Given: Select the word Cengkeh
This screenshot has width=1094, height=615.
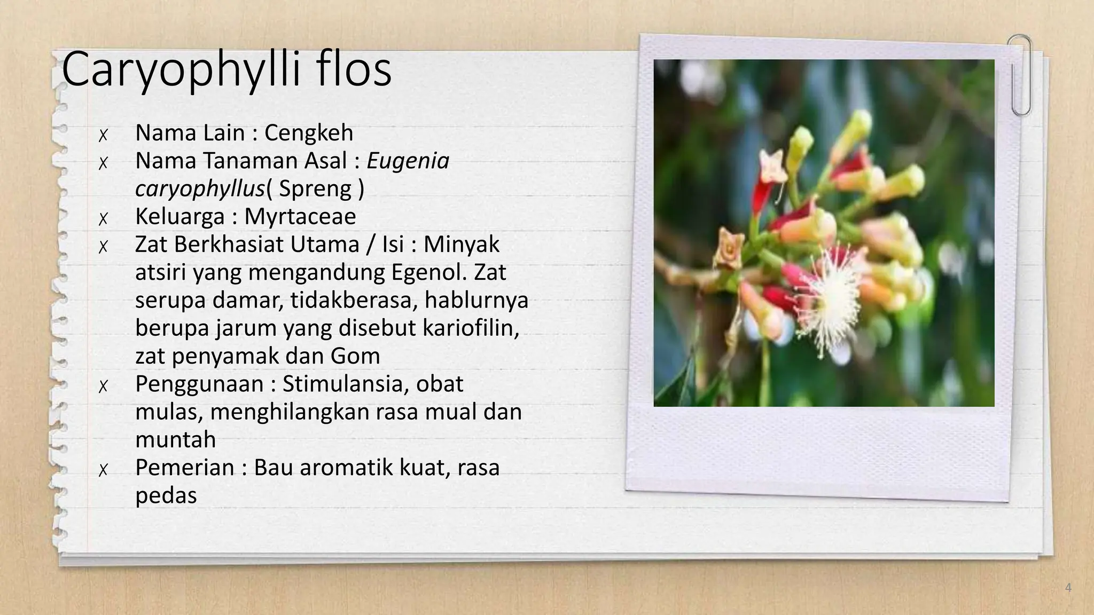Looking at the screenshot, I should point(309,132).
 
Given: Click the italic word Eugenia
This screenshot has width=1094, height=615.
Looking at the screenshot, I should point(408,161).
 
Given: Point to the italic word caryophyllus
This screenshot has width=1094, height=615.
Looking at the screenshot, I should point(200,188).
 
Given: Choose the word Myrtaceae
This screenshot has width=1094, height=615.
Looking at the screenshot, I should point(300,216).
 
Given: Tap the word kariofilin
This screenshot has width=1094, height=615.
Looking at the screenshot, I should point(471,328).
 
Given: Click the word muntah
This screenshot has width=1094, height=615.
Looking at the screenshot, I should point(176,439).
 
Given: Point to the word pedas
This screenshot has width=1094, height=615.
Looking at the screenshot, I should point(166,495).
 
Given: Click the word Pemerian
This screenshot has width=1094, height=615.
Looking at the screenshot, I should point(185,467).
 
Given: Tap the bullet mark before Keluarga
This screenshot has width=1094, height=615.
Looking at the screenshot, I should point(104,218).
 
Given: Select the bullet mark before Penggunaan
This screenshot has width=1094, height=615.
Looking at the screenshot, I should point(104,385).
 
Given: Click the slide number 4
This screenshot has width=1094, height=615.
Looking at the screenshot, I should point(1068,588).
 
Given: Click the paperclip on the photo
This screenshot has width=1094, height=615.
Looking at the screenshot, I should point(1020,75).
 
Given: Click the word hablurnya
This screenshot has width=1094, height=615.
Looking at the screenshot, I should point(476,300).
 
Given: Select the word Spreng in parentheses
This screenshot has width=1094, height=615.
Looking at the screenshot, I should point(315,188).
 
